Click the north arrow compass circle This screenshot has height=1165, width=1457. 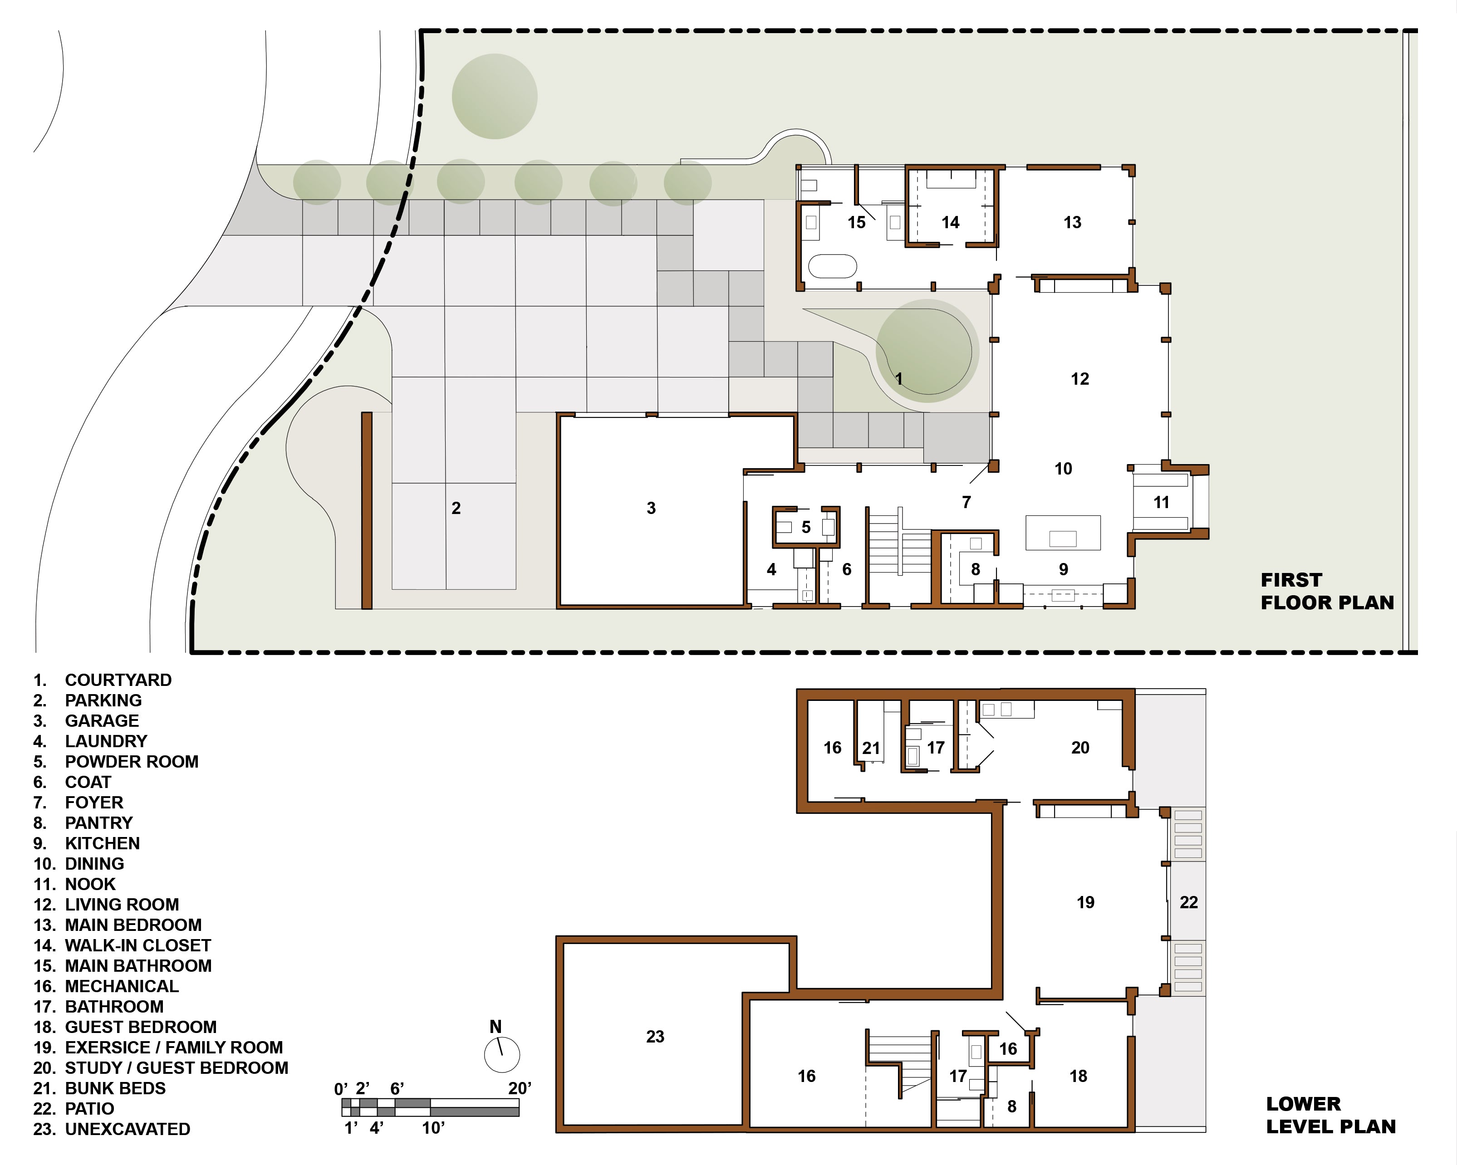coord(502,1055)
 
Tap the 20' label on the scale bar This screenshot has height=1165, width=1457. coord(520,1088)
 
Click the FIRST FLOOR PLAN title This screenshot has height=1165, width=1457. coord(1327,591)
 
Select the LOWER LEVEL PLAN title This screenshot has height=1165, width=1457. coord(1330,1115)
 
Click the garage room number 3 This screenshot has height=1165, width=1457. coord(651,508)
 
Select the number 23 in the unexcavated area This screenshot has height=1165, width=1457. coord(655,1037)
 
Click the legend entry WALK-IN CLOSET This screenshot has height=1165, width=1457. coord(138,945)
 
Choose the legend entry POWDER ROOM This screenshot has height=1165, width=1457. coord(132,762)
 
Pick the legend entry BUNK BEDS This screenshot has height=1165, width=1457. coord(115,1089)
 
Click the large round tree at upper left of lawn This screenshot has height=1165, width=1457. coord(495,97)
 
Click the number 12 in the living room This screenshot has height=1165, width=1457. coord(1080,379)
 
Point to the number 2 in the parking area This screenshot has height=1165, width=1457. coord(456,508)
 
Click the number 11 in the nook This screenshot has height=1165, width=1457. coord(1161,502)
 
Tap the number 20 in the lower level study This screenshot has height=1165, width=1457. coord(1080,747)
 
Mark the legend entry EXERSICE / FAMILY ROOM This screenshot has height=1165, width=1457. coord(174,1048)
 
